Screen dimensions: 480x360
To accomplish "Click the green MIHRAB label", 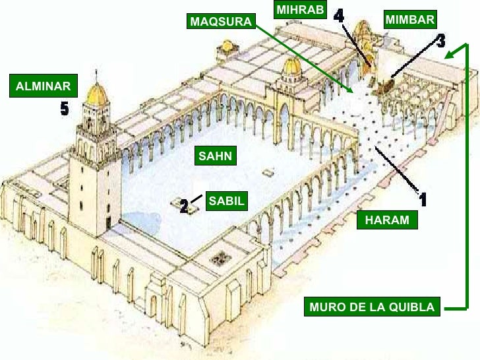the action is tap(300, 10).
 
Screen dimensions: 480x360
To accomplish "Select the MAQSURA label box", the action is tap(220, 22).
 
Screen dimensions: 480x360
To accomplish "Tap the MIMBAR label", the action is tap(409, 20).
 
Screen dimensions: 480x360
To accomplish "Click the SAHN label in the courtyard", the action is tap(216, 156).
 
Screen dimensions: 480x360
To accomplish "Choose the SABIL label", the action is tap(226, 201).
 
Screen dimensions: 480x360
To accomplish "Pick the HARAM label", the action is tap(387, 220).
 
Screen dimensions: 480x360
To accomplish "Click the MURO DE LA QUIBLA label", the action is tap(372, 307).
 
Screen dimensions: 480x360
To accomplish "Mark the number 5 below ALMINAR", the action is tap(64, 109).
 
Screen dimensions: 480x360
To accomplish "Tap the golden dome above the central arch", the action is tap(291, 66).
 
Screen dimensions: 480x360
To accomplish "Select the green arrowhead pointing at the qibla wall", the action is tap(449, 55).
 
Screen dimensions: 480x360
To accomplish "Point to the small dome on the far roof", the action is tap(227, 46).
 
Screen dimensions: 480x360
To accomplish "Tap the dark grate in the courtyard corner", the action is tap(220, 257).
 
